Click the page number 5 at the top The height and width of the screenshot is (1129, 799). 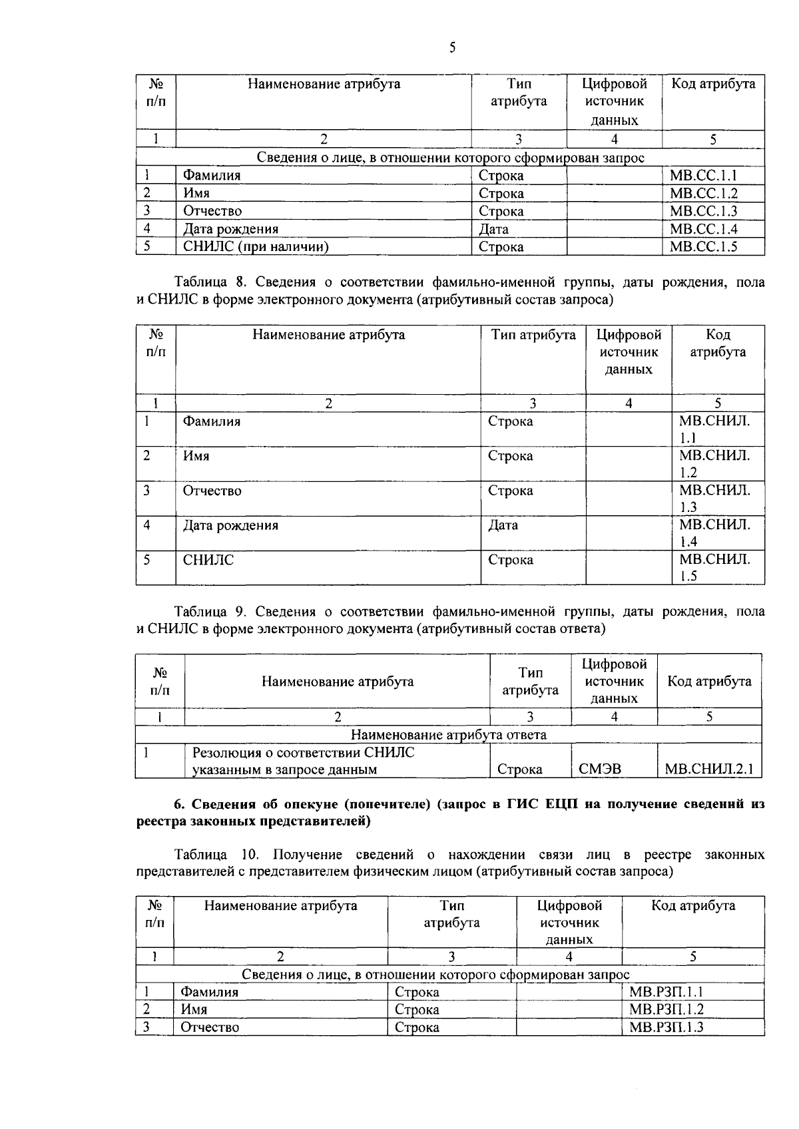coord(452,47)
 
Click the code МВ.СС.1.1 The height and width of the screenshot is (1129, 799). coord(704,176)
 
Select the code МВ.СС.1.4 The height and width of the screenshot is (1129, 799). coord(704,229)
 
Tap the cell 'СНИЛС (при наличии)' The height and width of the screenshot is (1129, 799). coord(256,247)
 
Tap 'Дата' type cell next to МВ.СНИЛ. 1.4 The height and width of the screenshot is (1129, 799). coord(503,526)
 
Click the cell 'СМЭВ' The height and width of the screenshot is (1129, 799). coord(599,770)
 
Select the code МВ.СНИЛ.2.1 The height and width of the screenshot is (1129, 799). coord(709,770)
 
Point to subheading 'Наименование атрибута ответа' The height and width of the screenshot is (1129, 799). coord(448,735)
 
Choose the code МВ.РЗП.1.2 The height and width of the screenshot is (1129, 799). coord(666,1010)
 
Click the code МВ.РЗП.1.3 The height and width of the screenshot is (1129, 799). coord(666,1027)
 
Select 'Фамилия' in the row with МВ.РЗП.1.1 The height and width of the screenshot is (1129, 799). coord(210,993)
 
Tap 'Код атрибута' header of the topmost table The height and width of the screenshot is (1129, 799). coord(712,84)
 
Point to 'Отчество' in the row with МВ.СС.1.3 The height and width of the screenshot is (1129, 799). coord(212,212)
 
